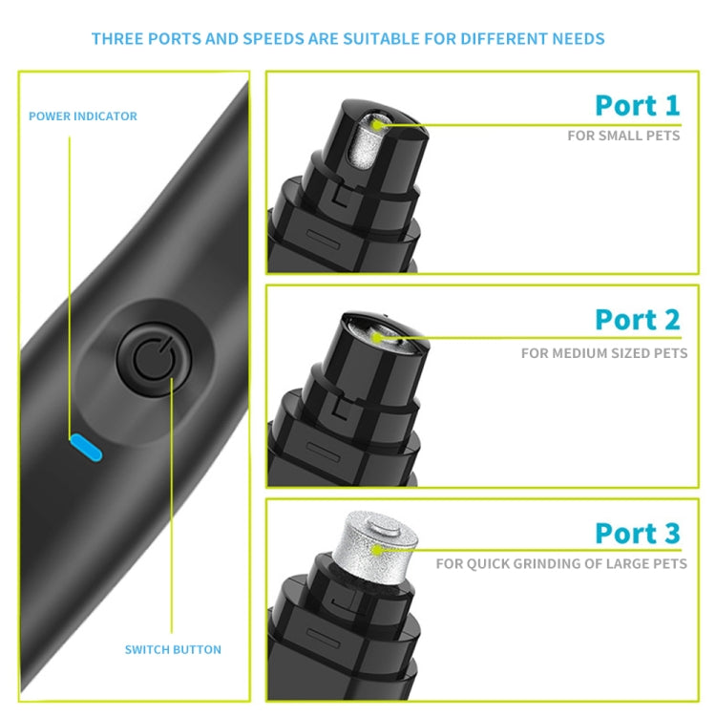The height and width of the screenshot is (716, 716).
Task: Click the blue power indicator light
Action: (86, 448)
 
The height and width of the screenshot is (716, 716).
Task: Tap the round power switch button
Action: (154, 360)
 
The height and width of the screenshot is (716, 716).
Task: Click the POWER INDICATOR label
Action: (83, 116)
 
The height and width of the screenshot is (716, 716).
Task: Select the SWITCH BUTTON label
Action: (173, 649)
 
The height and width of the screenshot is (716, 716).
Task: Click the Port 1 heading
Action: (638, 105)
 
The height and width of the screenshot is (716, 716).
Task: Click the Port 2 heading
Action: (638, 319)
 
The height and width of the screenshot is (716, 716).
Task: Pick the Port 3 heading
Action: (638, 533)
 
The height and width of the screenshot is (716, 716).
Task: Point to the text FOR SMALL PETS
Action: (623, 136)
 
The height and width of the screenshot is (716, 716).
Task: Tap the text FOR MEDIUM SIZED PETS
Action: (604, 353)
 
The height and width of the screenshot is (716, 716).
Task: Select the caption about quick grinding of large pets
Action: (561, 563)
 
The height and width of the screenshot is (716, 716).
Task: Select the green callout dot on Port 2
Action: (376, 338)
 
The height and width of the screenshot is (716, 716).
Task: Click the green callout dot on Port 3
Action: (377, 550)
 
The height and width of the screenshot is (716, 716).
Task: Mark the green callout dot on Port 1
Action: (377, 124)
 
